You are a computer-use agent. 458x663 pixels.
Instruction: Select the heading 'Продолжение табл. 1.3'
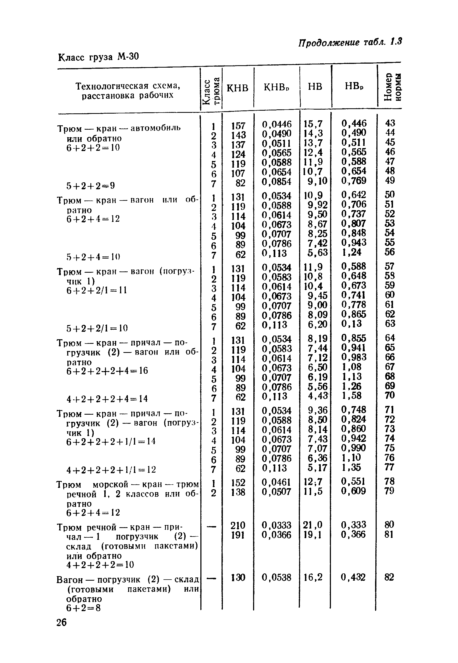(350, 43)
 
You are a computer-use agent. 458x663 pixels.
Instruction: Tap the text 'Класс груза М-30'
(98, 57)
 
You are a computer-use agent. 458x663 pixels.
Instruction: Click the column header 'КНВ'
(237, 87)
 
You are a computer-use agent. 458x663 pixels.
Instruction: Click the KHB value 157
(238, 126)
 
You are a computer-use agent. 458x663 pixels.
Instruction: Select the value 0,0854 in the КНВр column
(276, 182)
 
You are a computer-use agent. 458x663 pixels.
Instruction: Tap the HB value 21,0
(312, 525)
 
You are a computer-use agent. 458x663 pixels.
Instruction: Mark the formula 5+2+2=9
(91, 186)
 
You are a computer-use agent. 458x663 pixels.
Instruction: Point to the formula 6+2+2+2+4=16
(107, 371)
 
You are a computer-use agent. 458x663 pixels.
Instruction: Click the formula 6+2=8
(83, 608)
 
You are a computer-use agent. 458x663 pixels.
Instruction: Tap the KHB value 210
(238, 525)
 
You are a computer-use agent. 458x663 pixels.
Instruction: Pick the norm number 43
(390, 123)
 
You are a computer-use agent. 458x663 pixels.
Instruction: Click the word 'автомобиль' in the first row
(155, 128)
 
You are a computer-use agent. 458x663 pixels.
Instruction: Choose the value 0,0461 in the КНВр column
(276, 482)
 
